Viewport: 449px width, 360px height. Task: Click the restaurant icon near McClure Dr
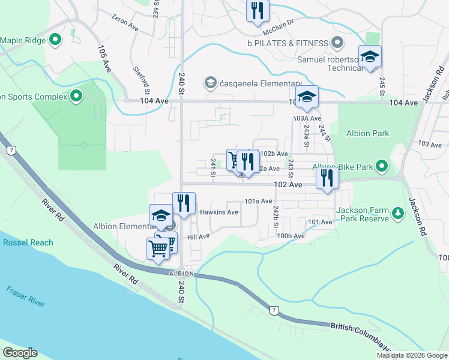point(258,10)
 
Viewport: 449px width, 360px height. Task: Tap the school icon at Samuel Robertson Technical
point(370,57)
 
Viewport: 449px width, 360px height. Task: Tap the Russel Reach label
point(28,243)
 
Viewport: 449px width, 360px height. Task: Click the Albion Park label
point(368,134)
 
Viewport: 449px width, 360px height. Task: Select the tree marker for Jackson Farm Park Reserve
point(397,214)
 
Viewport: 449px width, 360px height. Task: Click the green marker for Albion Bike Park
point(381,167)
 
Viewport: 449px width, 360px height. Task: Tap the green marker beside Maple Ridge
point(55,40)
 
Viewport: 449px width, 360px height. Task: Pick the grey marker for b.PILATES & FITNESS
point(337,43)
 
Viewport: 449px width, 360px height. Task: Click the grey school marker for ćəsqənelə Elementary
point(210,82)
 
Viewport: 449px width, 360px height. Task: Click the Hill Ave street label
point(198,238)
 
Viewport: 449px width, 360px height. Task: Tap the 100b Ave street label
point(291,236)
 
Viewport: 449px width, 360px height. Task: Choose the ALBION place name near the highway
point(181,274)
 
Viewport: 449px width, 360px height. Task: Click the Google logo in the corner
point(20,353)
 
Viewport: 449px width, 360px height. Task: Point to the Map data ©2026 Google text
point(411,355)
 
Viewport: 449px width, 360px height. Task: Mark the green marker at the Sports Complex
point(76,96)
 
